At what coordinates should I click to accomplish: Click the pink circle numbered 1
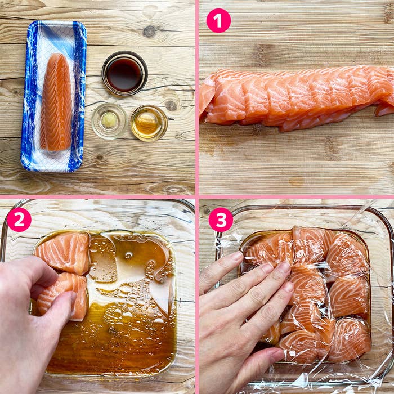pyautogui.click(x=218, y=21)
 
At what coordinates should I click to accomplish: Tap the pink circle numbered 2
pyautogui.click(x=19, y=220)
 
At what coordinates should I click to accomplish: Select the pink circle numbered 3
pyautogui.click(x=221, y=220)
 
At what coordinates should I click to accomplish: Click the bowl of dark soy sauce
pyautogui.click(x=124, y=73)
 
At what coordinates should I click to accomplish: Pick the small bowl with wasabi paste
pyautogui.click(x=109, y=121)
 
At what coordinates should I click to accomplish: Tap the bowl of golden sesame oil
pyautogui.click(x=149, y=123)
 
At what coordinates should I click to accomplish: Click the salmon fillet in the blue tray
pyautogui.click(x=56, y=102)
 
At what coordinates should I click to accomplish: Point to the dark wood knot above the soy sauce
pyautogui.click(x=150, y=32)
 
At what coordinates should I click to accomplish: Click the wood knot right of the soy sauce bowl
pyautogui.click(x=171, y=106)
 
